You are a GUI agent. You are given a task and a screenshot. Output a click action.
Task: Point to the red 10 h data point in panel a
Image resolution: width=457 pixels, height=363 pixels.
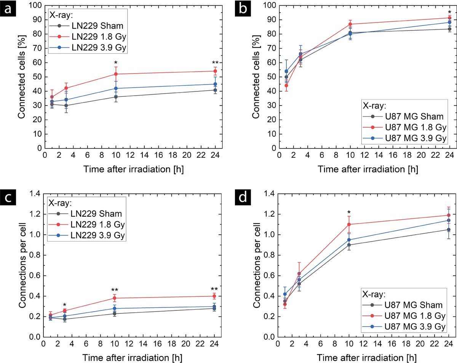pos(115,74)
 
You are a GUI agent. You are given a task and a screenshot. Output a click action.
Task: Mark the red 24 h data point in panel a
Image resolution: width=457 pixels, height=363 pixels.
pos(215,71)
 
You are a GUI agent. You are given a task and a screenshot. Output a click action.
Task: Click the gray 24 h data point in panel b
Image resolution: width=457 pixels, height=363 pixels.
pos(449,29)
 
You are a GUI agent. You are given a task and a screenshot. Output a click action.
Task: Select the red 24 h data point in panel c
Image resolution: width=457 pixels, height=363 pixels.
pos(215,296)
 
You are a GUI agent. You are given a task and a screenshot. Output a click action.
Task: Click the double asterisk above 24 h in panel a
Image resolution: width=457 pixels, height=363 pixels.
pos(215,63)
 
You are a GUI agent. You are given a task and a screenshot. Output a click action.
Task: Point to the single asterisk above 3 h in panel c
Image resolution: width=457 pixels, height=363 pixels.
pos(65,305)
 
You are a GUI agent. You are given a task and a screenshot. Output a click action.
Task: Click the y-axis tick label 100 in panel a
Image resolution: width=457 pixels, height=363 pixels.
pos(35,5)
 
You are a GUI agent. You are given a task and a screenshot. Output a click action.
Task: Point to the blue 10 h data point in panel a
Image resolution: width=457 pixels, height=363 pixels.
pos(115,88)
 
